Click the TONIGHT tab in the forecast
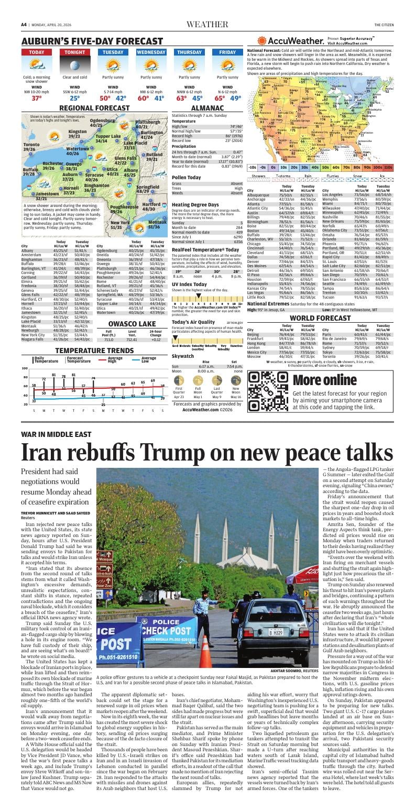click(75, 52)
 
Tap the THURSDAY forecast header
click(189, 52)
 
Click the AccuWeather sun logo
click(262, 41)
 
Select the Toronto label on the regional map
click(31, 144)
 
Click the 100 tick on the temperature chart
click(25, 369)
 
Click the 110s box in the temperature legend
click(391, 167)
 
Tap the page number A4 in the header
click(24, 25)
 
